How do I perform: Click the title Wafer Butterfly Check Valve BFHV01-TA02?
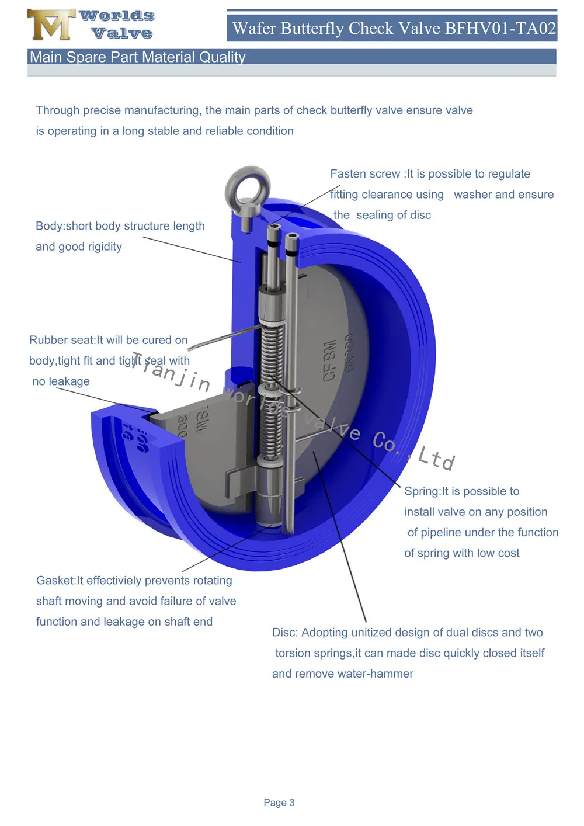tap(394, 28)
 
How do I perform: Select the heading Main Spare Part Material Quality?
tap(138, 57)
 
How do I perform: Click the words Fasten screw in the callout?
tap(365, 174)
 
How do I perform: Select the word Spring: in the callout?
tap(422, 491)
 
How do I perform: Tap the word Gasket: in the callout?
tap(56, 581)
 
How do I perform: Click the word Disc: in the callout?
tap(285, 633)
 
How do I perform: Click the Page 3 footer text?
tap(279, 803)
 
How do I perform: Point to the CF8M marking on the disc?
tap(330, 360)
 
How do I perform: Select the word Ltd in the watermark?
tap(436, 459)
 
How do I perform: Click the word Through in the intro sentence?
tap(58, 110)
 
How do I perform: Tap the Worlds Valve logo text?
tap(117, 25)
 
